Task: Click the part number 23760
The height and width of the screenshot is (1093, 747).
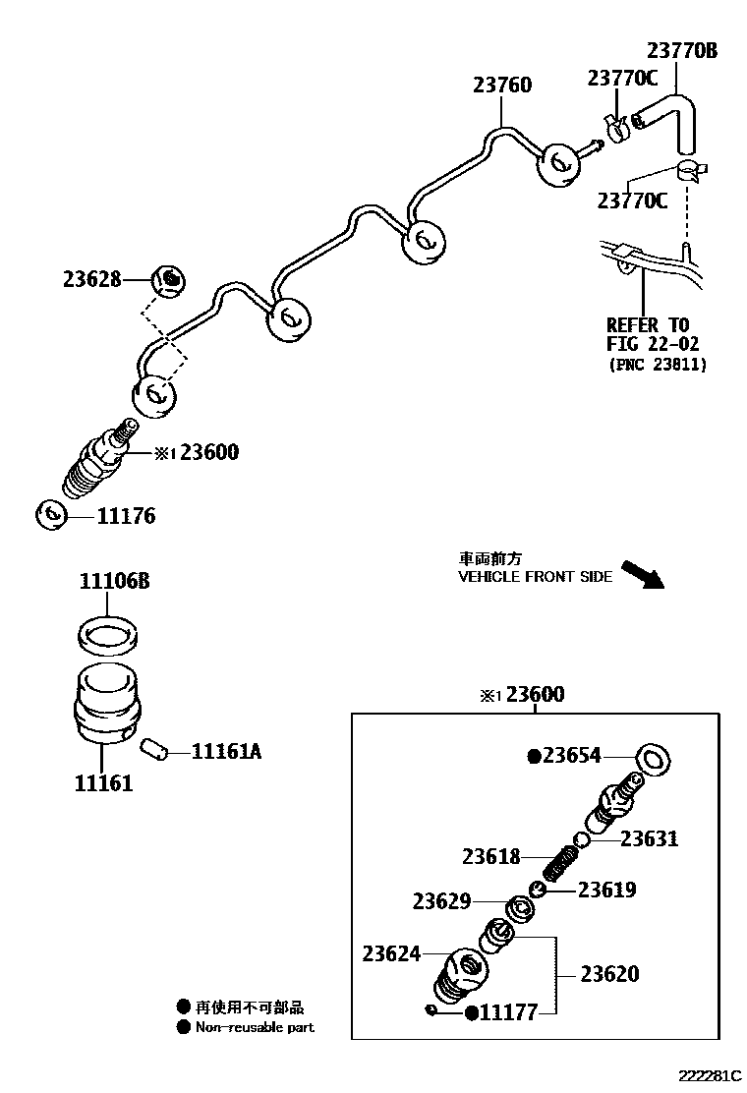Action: click(x=501, y=86)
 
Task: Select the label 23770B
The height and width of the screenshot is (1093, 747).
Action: click(x=681, y=51)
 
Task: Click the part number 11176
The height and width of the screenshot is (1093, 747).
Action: click(x=126, y=516)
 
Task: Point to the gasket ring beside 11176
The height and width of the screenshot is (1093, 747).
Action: click(x=51, y=514)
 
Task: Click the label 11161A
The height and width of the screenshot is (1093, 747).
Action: click(x=226, y=752)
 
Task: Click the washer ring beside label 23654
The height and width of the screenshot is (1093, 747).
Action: click(x=655, y=758)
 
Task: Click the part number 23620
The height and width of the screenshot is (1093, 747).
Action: click(x=609, y=974)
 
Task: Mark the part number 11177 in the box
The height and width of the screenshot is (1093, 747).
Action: click(x=508, y=1012)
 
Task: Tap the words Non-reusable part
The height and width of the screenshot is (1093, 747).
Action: click(x=255, y=1027)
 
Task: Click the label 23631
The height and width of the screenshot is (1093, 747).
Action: click(x=649, y=839)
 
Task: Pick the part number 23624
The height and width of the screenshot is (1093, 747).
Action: click(x=391, y=953)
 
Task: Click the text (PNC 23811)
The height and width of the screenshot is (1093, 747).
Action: click(x=656, y=365)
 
